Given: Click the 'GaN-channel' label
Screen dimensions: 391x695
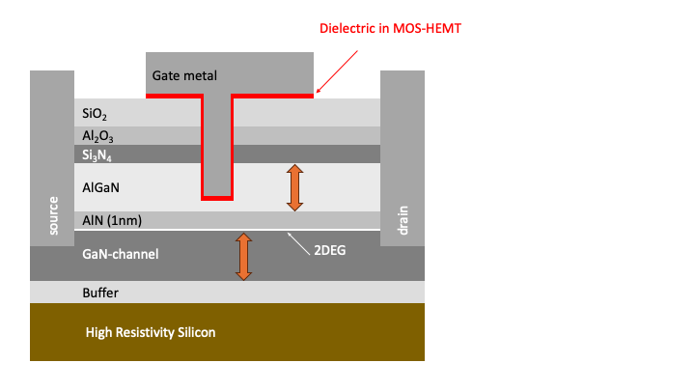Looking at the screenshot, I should [x=121, y=254].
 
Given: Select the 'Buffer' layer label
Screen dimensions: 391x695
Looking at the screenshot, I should [x=101, y=292].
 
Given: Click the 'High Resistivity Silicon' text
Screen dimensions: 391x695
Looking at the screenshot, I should [x=151, y=332].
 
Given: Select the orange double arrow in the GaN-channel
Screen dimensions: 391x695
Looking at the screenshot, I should [x=244, y=256].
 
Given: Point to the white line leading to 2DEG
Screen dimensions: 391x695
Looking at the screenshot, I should [x=302, y=240].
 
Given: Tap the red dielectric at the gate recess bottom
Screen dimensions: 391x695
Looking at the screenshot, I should [x=217, y=198].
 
